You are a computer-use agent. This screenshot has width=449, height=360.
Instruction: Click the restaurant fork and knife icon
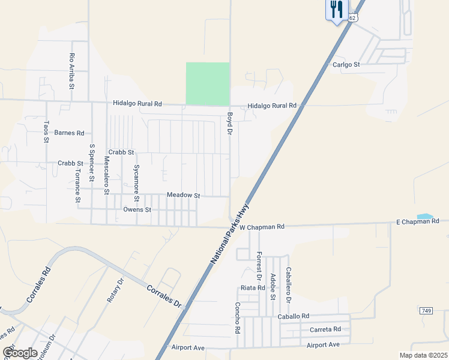[336, 9]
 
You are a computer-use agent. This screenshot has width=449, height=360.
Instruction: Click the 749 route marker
[426, 310]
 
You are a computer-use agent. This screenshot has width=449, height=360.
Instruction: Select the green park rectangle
[208, 83]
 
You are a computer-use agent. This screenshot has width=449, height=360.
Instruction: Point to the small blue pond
[424, 216]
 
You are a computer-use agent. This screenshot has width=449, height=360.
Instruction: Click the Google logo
[20, 353]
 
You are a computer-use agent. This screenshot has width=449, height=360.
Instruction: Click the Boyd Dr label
[229, 124]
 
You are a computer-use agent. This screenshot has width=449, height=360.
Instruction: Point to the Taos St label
[46, 131]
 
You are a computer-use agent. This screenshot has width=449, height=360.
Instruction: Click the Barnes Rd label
[70, 133]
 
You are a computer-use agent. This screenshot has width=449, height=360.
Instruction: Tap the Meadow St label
[183, 195]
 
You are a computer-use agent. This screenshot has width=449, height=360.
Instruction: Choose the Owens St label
[137, 210]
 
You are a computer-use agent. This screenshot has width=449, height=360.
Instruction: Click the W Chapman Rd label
[262, 227]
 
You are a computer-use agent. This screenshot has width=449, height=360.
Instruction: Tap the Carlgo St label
[346, 64]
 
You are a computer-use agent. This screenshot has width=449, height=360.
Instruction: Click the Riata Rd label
[253, 288]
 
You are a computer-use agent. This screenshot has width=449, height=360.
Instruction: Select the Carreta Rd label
[325, 329]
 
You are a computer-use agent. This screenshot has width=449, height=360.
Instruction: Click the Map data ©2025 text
[423, 355]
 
